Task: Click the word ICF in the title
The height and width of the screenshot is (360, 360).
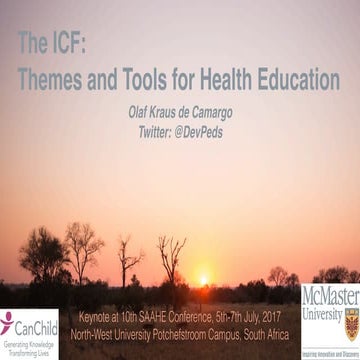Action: (x=68, y=42)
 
